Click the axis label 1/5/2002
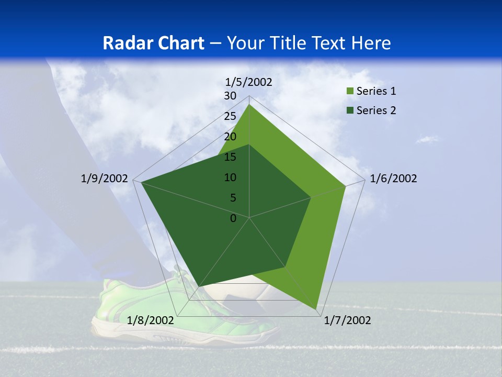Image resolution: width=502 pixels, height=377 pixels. [x=248, y=82]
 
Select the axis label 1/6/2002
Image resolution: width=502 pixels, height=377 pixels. [x=393, y=179]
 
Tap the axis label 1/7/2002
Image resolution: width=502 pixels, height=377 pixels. [x=347, y=320]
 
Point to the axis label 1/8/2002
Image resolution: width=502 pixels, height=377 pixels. [x=150, y=320]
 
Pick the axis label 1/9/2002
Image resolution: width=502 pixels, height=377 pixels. [x=104, y=179]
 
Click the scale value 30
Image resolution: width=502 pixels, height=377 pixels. [x=230, y=96]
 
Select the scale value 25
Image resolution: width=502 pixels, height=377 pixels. [x=230, y=116]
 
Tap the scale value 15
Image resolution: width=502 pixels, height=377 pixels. [x=230, y=157]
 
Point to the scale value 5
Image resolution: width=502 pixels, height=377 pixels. [x=233, y=198]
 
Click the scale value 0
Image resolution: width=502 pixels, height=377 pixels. [x=233, y=218]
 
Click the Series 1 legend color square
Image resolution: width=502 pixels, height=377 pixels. [x=350, y=91]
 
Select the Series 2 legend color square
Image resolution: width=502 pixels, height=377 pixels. [x=350, y=110]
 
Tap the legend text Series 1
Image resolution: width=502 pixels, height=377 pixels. [x=376, y=91]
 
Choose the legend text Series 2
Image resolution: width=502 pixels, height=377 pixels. [x=376, y=110]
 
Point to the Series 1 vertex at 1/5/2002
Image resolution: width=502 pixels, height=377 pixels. [x=249, y=105]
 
